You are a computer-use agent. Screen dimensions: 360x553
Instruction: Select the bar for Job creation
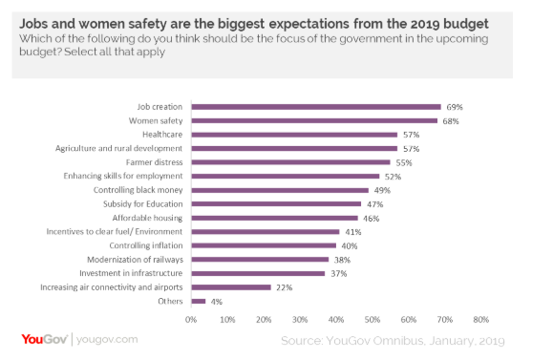point(316,107)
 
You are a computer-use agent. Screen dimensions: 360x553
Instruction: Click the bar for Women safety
point(314,120)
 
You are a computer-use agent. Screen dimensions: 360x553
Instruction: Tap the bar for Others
point(198,301)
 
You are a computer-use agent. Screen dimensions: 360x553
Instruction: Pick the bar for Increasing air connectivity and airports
point(231,286)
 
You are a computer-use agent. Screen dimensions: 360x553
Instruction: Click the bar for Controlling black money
point(280,190)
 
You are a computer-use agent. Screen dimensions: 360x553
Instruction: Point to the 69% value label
point(455,107)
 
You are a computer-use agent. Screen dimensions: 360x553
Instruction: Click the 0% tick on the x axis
point(192,319)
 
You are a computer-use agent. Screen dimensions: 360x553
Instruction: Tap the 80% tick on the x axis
point(480,319)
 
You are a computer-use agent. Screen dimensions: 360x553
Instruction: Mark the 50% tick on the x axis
point(372,319)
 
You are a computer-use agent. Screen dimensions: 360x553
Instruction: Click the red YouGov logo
point(40,339)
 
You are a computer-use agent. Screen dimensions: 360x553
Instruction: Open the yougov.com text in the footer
point(107,339)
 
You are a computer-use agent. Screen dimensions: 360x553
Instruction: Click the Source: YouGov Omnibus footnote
point(393,340)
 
